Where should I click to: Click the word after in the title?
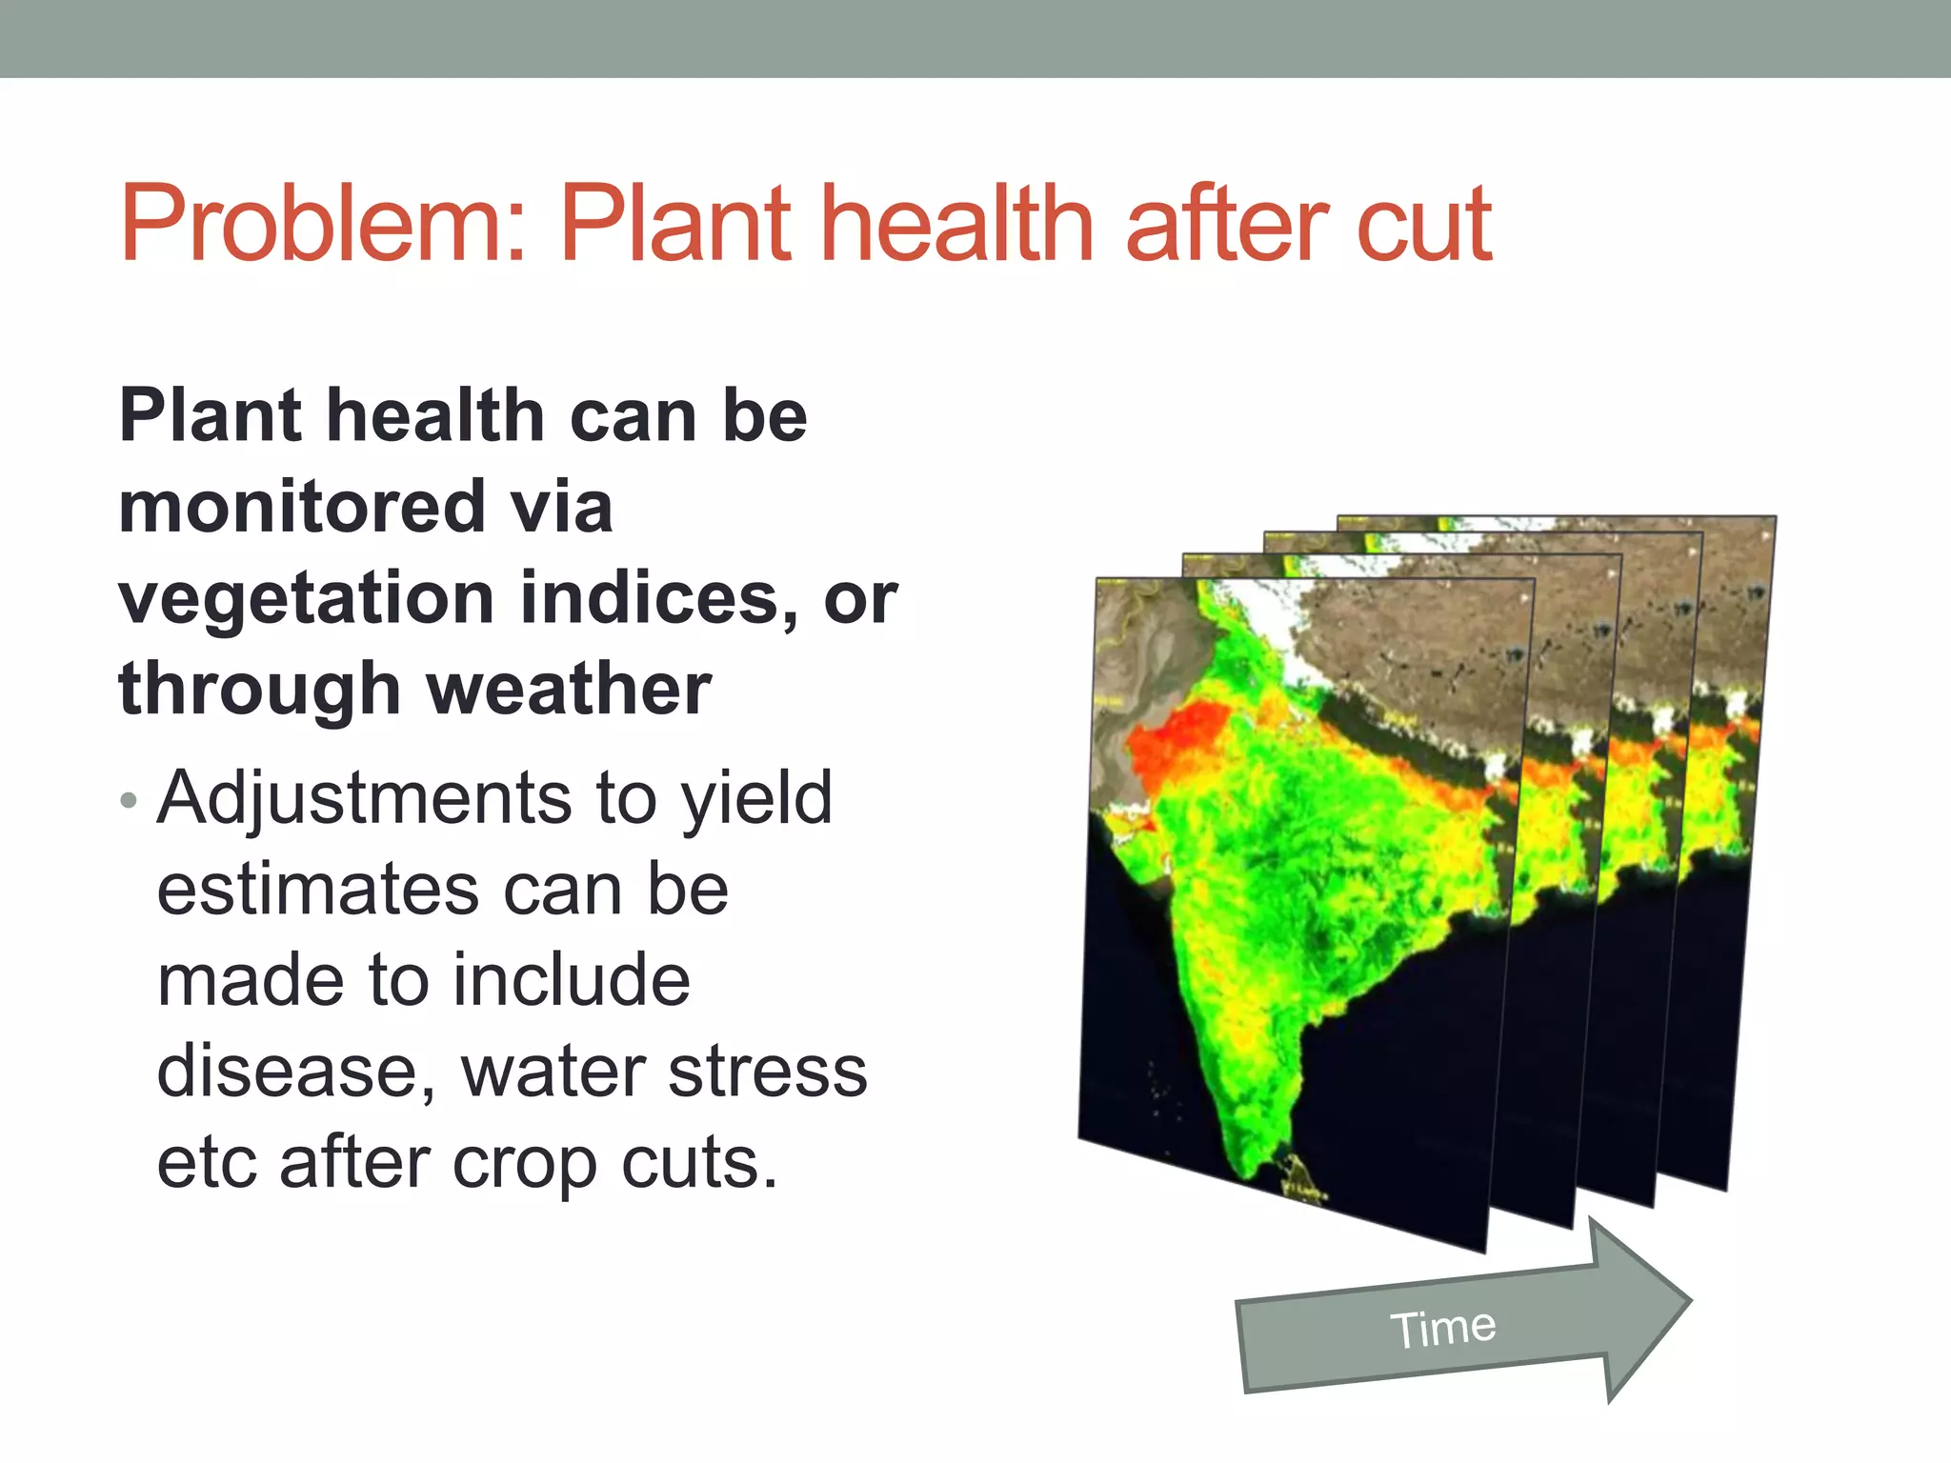point(1229,225)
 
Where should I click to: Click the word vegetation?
point(306,599)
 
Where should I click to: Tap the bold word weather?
point(569,690)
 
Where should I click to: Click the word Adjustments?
point(364,798)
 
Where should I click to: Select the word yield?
point(757,798)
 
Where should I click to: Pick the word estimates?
point(318,890)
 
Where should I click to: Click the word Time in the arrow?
point(1442,1328)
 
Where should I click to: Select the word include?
point(571,981)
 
